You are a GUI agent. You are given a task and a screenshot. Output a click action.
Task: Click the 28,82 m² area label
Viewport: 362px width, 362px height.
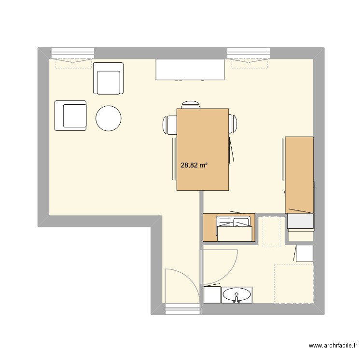coord(194,165)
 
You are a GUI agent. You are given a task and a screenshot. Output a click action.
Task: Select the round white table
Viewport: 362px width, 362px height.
coord(109,118)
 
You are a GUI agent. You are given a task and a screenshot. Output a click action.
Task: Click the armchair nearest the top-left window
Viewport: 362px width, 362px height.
coord(108,78)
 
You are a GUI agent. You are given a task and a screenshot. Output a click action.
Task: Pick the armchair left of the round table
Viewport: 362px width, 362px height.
coord(70,115)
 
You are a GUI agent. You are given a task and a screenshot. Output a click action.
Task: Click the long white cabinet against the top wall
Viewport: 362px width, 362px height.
coord(190,70)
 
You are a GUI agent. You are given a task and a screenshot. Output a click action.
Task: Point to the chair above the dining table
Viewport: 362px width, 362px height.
coord(191,105)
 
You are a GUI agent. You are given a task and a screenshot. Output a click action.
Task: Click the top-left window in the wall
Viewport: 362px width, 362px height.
coord(72,53)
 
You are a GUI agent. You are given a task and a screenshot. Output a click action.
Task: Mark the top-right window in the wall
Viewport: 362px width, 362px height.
coord(248,53)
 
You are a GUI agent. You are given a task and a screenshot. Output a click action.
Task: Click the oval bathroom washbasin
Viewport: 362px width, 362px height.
coord(237,294)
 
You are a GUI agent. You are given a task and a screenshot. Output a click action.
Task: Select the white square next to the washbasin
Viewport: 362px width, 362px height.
coord(212,295)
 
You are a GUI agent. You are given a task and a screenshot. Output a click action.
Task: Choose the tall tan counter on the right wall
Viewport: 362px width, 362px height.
coord(299,175)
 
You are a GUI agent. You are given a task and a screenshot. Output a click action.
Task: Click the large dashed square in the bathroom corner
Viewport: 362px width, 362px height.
coord(293,284)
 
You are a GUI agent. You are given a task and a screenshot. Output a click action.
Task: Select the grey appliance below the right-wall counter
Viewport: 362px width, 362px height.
coord(300,222)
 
